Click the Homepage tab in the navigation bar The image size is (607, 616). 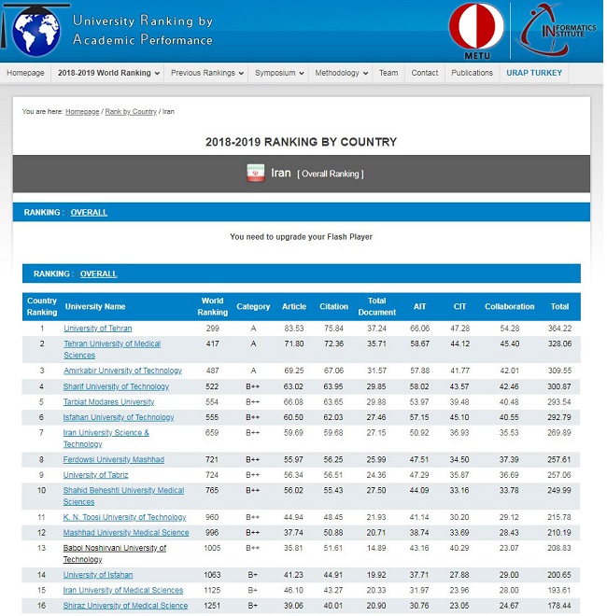pos(26,73)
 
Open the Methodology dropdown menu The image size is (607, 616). pos(340,73)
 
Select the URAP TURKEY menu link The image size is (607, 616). pos(534,73)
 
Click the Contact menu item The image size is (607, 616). pos(425,73)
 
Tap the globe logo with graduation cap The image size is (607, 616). pos(35,30)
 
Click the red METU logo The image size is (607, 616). pos(476,28)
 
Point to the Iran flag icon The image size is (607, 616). pos(255,174)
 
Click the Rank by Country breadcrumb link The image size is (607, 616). pos(131,112)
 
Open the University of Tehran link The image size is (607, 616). pos(97,329)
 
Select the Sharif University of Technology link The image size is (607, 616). pos(116,386)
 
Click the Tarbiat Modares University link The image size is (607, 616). pos(108,402)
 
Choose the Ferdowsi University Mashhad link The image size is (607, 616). pos(113,460)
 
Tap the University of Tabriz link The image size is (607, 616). pos(96,475)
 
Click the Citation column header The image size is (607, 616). pos(333,306)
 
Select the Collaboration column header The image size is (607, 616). pos(510,306)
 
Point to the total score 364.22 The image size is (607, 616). pos(559,329)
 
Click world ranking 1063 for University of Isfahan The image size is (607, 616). pos(212,575)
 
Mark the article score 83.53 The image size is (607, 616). pos(293,329)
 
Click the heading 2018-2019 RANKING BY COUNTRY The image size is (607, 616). pos(301,142)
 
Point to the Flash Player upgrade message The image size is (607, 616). pos(301,237)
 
